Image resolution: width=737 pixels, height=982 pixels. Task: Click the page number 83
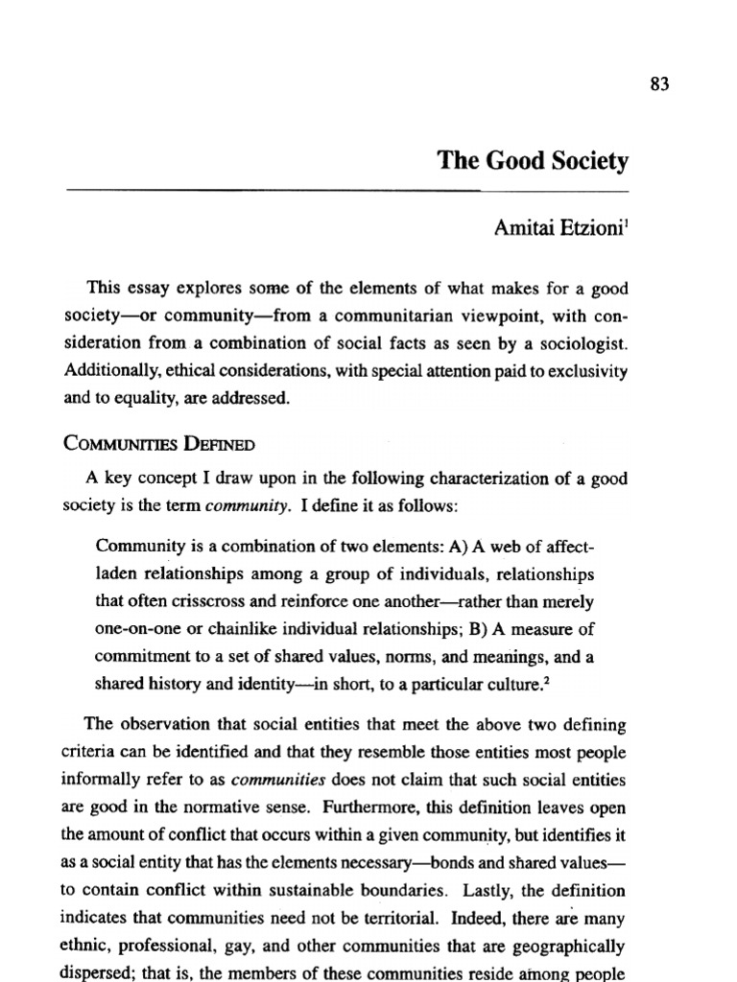point(657,83)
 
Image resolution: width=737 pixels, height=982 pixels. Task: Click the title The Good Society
point(534,160)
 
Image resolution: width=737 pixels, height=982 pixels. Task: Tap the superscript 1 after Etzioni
point(625,223)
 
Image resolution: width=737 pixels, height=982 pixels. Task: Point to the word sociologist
point(583,342)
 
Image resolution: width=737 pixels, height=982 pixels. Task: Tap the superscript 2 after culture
point(557,681)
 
